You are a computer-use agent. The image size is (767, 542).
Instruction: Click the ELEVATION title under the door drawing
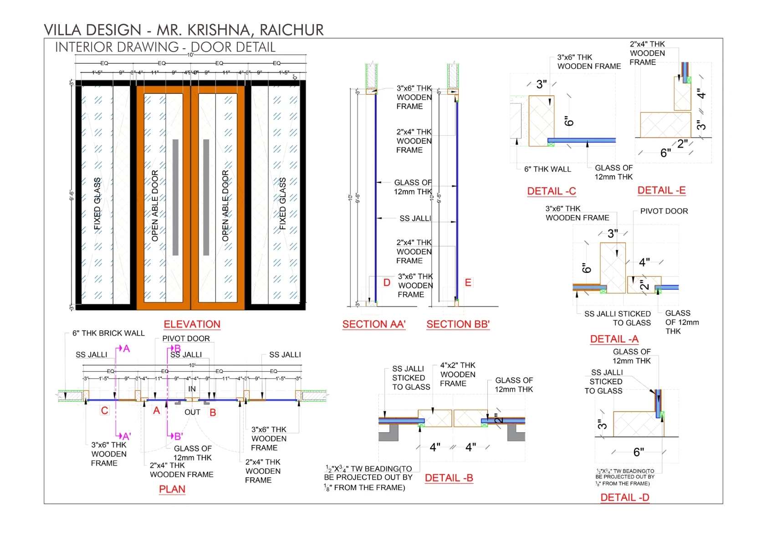[x=192, y=324]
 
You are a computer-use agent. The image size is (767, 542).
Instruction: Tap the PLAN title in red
[x=172, y=489]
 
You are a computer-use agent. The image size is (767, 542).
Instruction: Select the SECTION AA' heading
[x=373, y=324]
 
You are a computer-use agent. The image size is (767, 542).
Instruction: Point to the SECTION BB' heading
[x=458, y=324]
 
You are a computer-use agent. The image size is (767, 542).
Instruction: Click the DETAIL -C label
[x=551, y=191]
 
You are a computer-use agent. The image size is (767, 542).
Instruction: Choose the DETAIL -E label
[x=661, y=190]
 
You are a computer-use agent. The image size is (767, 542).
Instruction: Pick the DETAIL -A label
[x=614, y=339]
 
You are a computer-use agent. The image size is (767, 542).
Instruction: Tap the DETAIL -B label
[x=449, y=478]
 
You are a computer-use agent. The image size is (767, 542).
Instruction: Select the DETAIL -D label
[x=624, y=498]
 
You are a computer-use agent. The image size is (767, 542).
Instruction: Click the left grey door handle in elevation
[x=175, y=197]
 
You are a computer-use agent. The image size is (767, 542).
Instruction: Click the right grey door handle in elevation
[x=206, y=197]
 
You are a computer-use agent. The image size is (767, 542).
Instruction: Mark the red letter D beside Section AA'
[x=387, y=283]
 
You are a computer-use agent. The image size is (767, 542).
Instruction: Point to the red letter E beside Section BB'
[x=468, y=283]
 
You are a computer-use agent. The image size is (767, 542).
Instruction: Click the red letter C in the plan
[x=105, y=410]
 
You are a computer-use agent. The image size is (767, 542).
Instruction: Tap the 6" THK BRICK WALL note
[x=108, y=333]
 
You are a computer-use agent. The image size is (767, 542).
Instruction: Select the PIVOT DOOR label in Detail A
[x=664, y=211]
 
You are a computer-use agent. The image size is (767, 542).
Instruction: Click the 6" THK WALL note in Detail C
[x=547, y=169]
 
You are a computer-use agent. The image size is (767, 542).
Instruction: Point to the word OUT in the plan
[x=192, y=412]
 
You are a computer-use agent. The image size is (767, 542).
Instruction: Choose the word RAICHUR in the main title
[x=291, y=30]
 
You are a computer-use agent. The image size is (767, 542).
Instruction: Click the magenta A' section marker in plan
[x=126, y=436]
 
